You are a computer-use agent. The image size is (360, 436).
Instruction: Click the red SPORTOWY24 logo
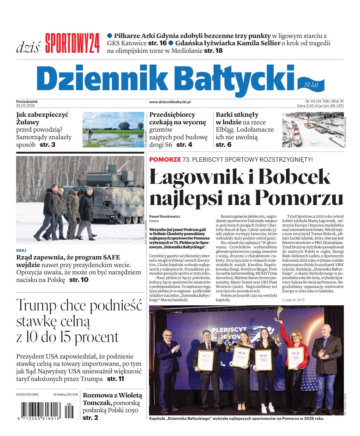click(x=72, y=43)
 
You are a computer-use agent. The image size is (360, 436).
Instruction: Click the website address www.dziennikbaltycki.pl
click(x=170, y=102)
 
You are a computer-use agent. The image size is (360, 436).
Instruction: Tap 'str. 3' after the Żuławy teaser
click(x=47, y=145)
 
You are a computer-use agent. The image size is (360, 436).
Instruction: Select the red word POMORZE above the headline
click(x=165, y=159)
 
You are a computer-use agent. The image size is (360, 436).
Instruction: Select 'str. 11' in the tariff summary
click(x=115, y=379)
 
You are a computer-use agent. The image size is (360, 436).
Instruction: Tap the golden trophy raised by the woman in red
click(x=280, y=313)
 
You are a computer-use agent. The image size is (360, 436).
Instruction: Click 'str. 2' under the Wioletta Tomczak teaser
click(x=90, y=418)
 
